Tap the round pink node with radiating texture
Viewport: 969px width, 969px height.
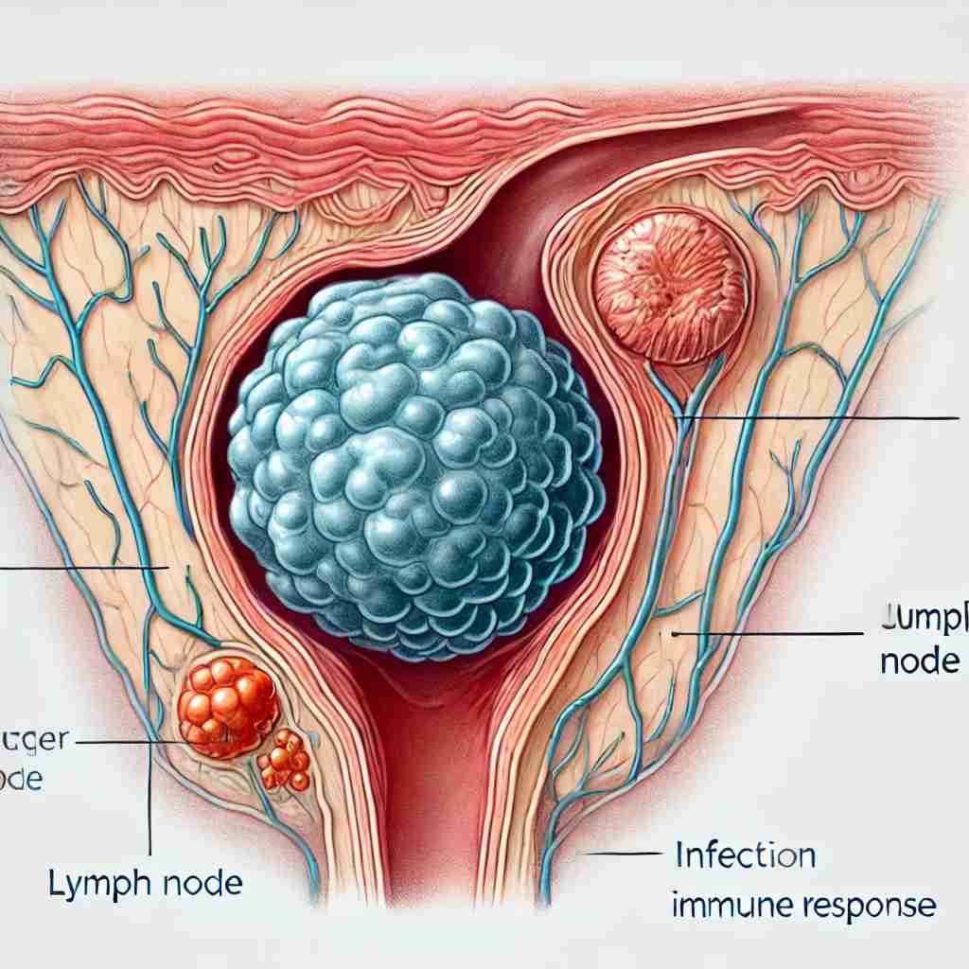[671, 287]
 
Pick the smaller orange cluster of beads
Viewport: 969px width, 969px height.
[285, 761]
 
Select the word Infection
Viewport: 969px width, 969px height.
[745, 856]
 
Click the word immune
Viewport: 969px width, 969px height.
[724, 906]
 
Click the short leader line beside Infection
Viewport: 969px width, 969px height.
[621, 854]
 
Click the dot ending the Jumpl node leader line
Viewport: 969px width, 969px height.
[675, 633]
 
